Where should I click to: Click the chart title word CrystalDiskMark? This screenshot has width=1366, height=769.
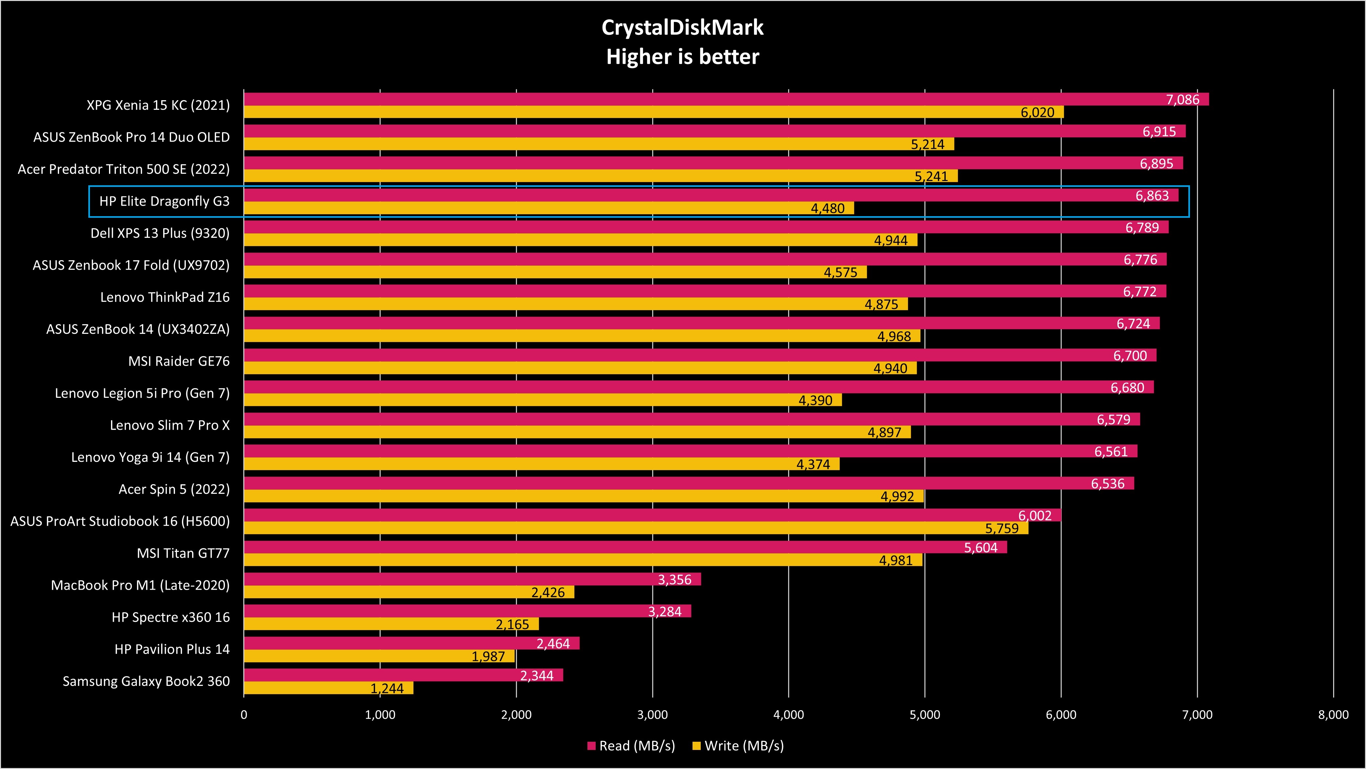click(682, 28)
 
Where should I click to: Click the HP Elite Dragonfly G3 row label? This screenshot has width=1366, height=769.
click(165, 202)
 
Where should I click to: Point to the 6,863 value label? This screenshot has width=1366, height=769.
click(1152, 196)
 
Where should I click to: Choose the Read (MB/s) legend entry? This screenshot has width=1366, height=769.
click(631, 746)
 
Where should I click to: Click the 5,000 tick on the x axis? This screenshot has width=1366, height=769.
click(925, 715)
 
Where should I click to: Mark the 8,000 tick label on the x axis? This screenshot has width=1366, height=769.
click(1333, 715)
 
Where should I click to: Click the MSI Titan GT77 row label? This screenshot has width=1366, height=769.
click(183, 553)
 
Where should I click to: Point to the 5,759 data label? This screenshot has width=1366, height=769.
click(1002, 528)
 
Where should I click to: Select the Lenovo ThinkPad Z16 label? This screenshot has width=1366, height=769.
click(165, 298)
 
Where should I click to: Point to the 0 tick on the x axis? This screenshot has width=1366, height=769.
click(244, 715)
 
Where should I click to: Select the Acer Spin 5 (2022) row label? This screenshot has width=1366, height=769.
click(174, 489)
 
